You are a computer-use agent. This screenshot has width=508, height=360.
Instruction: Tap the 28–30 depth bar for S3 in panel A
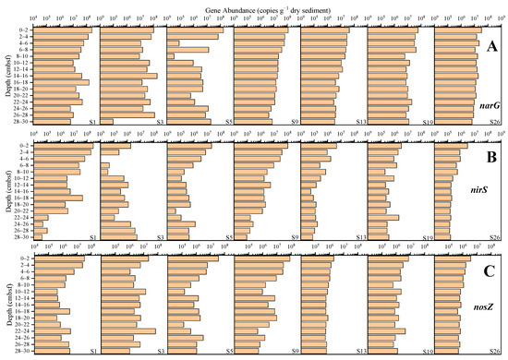[107, 121]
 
